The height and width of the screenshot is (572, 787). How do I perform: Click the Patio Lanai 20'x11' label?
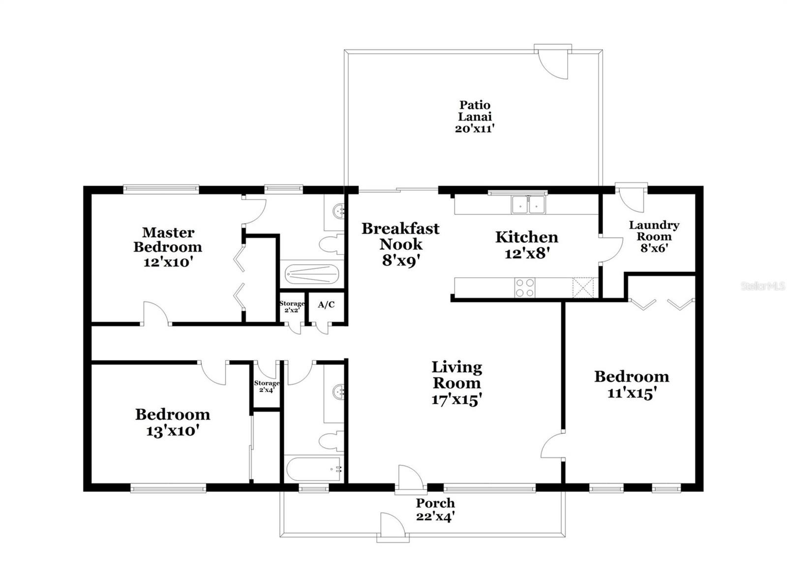[x=475, y=117]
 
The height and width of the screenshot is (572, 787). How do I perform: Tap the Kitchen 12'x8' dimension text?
[x=527, y=253]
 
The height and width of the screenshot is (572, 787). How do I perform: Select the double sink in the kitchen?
[x=528, y=205]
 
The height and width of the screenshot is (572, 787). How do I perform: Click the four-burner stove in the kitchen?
[x=524, y=287]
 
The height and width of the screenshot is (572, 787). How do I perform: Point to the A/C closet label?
[x=326, y=304]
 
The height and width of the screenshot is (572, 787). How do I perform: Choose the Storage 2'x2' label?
[x=292, y=306]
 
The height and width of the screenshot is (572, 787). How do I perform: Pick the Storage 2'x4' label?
[x=267, y=386]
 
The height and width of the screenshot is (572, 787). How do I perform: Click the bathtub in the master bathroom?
[x=311, y=275]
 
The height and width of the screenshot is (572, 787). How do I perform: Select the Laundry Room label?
[x=654, y=231]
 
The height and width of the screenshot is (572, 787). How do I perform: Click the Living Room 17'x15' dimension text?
[x=457, y=400]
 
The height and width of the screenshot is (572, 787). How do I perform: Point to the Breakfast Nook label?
[x=400, y=236]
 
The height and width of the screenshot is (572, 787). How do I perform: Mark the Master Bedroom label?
[x=168, y=240]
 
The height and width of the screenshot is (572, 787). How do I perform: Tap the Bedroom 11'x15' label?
[x=632, y=385]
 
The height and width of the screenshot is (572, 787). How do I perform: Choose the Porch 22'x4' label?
[x=435, y=510]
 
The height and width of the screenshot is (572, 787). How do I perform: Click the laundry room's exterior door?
[x=632, y=198]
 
